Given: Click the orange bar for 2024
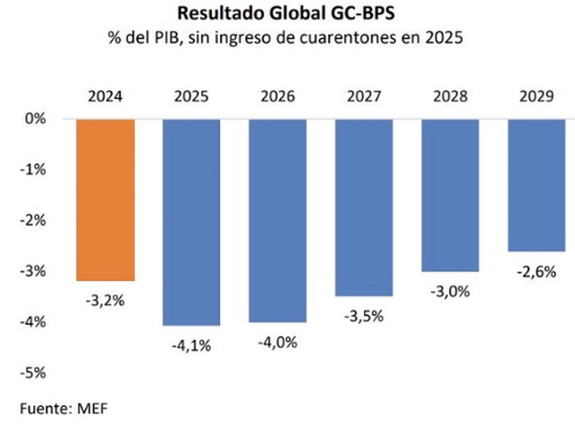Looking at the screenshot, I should (105, 199).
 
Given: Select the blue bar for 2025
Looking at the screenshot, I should (191, 221).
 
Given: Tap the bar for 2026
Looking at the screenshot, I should (277, 220).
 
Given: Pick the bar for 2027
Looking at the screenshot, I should (364, 207).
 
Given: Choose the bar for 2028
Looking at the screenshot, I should (451, 194).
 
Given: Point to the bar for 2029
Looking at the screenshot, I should (536, 184).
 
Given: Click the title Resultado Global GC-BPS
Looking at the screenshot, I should (287, 13).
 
